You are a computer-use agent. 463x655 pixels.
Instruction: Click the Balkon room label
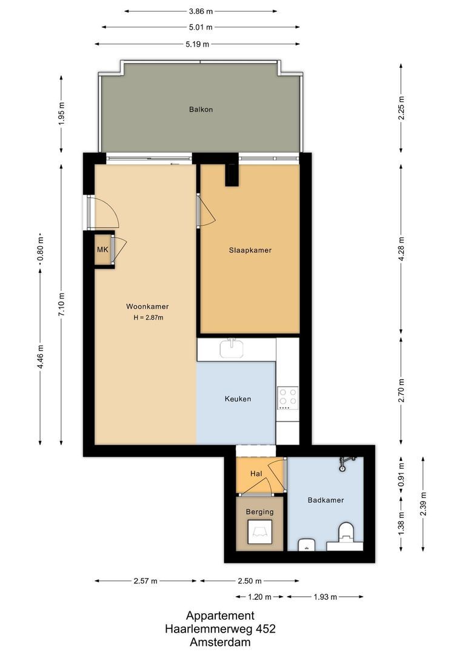(201, 110)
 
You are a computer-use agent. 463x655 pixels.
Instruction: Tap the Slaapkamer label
(250, 250)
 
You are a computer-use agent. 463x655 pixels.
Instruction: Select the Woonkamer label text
(147, 306)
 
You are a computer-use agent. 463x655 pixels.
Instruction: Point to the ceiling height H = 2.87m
(148, 317)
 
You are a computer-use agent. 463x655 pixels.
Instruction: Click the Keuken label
(238, 399)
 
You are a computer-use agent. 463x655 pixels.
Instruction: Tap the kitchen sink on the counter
(231, 348)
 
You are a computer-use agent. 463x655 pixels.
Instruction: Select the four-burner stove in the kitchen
(287, 397)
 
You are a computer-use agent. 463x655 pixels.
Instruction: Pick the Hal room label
(256, 474)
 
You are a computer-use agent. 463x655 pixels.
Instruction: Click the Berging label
(259, 511)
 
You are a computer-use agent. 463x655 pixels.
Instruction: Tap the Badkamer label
(325, 500)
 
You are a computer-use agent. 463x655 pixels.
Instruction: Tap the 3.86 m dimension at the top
(201, 11)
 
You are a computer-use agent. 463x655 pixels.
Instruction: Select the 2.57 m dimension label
(145, 581)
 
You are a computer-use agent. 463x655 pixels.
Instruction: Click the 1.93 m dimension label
(325, 597)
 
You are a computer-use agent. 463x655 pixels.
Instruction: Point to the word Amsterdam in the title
(220, 642)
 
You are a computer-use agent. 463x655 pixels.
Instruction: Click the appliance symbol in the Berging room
(259, 532)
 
